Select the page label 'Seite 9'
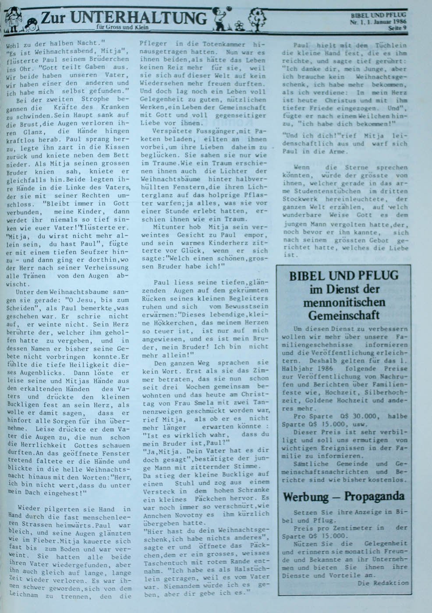[x=398, y=28]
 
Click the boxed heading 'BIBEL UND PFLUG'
[x=344, y=275]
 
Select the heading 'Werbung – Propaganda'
[x=343, y=497]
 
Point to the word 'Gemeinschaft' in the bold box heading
[x=344, y=315]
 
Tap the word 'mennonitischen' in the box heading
[x=344, y=302]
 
